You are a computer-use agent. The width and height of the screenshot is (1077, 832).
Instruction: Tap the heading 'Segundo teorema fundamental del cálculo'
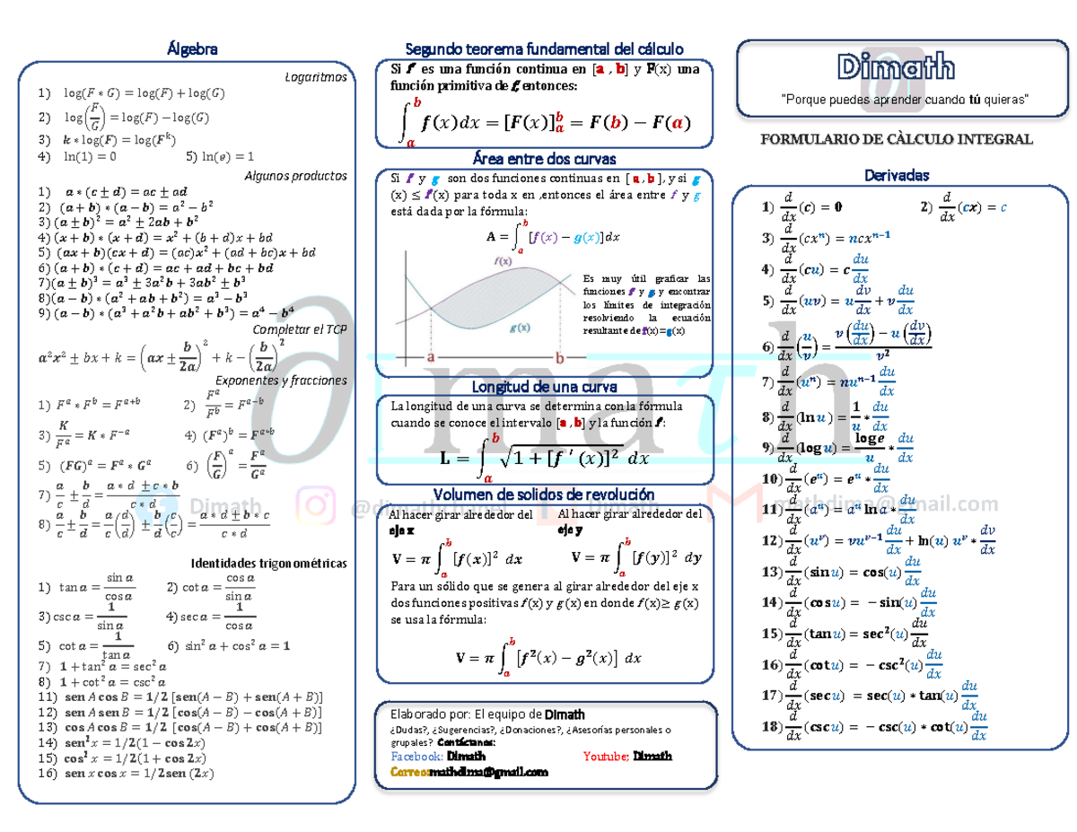pos(545,48)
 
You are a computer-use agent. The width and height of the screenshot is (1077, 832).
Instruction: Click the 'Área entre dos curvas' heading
pos(545,160)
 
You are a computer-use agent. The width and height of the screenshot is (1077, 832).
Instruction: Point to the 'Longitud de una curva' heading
pos(545,387)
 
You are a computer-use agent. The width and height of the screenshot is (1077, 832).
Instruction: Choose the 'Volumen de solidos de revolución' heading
pos(544,495)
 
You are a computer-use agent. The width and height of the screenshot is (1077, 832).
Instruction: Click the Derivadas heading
pos(896,175)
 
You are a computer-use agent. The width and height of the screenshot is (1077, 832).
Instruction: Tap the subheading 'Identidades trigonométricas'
pos(269,564)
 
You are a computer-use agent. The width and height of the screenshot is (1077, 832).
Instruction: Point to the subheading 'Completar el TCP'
pos(302,329)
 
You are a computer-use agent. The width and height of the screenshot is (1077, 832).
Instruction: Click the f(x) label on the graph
pos(502,261)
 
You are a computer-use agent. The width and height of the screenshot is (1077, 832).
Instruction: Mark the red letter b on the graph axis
pos(561,357)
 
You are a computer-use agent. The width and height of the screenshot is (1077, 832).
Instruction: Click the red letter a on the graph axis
pos(431,357)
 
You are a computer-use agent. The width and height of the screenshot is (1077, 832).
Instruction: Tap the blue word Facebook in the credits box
pos(417,757)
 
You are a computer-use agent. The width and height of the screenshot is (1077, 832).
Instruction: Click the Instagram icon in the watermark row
pos(315,506)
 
